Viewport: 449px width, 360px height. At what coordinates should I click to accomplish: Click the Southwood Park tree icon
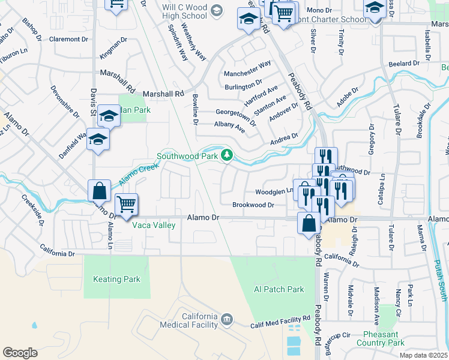click(227, 155)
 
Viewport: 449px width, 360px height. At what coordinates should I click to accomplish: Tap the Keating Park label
click(116, 279)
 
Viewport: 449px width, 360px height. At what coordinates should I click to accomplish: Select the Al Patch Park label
click(279, 289)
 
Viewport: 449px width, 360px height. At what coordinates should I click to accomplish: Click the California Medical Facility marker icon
click(227, 318)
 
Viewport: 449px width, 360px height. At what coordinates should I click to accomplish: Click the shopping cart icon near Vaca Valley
click(126, 205)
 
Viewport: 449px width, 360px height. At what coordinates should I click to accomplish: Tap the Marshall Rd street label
click(163, 94)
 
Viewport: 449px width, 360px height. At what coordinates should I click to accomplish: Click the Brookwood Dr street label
click(253, 205)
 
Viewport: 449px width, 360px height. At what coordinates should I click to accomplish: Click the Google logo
click(20, 352)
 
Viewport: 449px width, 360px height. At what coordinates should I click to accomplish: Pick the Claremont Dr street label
click(68, 39)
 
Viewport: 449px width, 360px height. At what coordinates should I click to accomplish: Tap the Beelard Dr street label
click(403, 63)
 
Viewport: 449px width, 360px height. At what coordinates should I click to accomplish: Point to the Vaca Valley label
click(154, 225)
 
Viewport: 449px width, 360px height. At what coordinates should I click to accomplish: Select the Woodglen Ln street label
click(274, 191)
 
